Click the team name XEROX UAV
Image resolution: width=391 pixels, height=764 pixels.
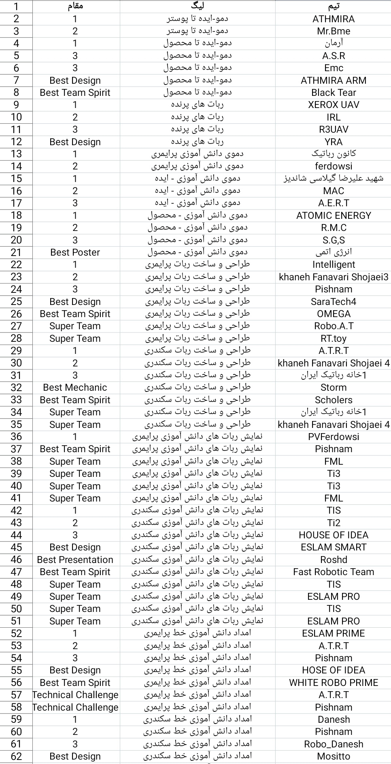333,105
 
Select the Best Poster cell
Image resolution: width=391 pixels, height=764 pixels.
75,252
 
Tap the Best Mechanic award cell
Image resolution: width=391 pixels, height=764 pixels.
75,387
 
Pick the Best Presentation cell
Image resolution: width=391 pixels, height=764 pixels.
75,560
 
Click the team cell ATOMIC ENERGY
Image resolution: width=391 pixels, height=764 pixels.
333,216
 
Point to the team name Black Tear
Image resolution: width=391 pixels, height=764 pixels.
333,93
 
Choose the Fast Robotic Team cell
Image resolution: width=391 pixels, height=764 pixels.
333,572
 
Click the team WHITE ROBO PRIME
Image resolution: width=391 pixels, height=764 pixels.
333,683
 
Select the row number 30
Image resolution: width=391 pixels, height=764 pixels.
16,363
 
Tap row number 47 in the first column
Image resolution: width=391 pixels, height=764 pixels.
16,572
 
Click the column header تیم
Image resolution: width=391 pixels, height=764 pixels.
333,6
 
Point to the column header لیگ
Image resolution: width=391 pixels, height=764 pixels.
198,6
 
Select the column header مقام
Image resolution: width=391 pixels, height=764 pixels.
75,6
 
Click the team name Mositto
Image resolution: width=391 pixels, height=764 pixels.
333,756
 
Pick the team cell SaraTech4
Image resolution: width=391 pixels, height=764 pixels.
333,302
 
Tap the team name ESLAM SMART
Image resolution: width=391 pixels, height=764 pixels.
333,547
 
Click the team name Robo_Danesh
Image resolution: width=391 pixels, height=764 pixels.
333,744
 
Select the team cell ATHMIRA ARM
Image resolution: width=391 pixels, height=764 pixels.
333,80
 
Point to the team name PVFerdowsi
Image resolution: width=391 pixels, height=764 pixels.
333,437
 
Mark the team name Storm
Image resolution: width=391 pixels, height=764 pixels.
333,387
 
